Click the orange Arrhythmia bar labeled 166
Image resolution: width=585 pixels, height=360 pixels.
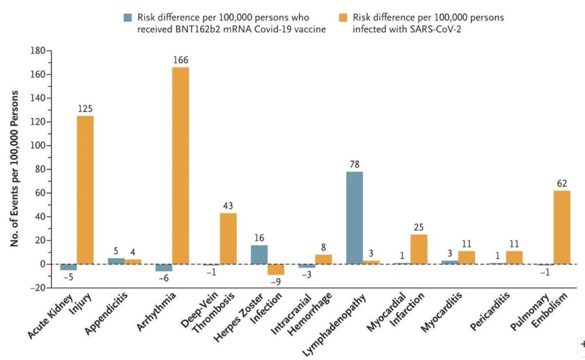181,166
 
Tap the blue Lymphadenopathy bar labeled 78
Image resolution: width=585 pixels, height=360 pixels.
354,218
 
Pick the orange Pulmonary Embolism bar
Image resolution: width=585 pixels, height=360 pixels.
562,227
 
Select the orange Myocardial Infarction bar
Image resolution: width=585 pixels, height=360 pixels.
419,249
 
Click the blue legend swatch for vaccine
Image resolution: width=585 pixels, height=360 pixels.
128,17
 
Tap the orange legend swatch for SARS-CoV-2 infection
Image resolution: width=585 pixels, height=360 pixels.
344,17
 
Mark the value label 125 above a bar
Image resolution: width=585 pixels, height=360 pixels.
85,108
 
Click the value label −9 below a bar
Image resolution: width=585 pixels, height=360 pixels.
276,282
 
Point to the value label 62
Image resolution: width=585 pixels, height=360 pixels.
562,183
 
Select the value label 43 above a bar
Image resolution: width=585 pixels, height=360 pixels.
228,205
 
